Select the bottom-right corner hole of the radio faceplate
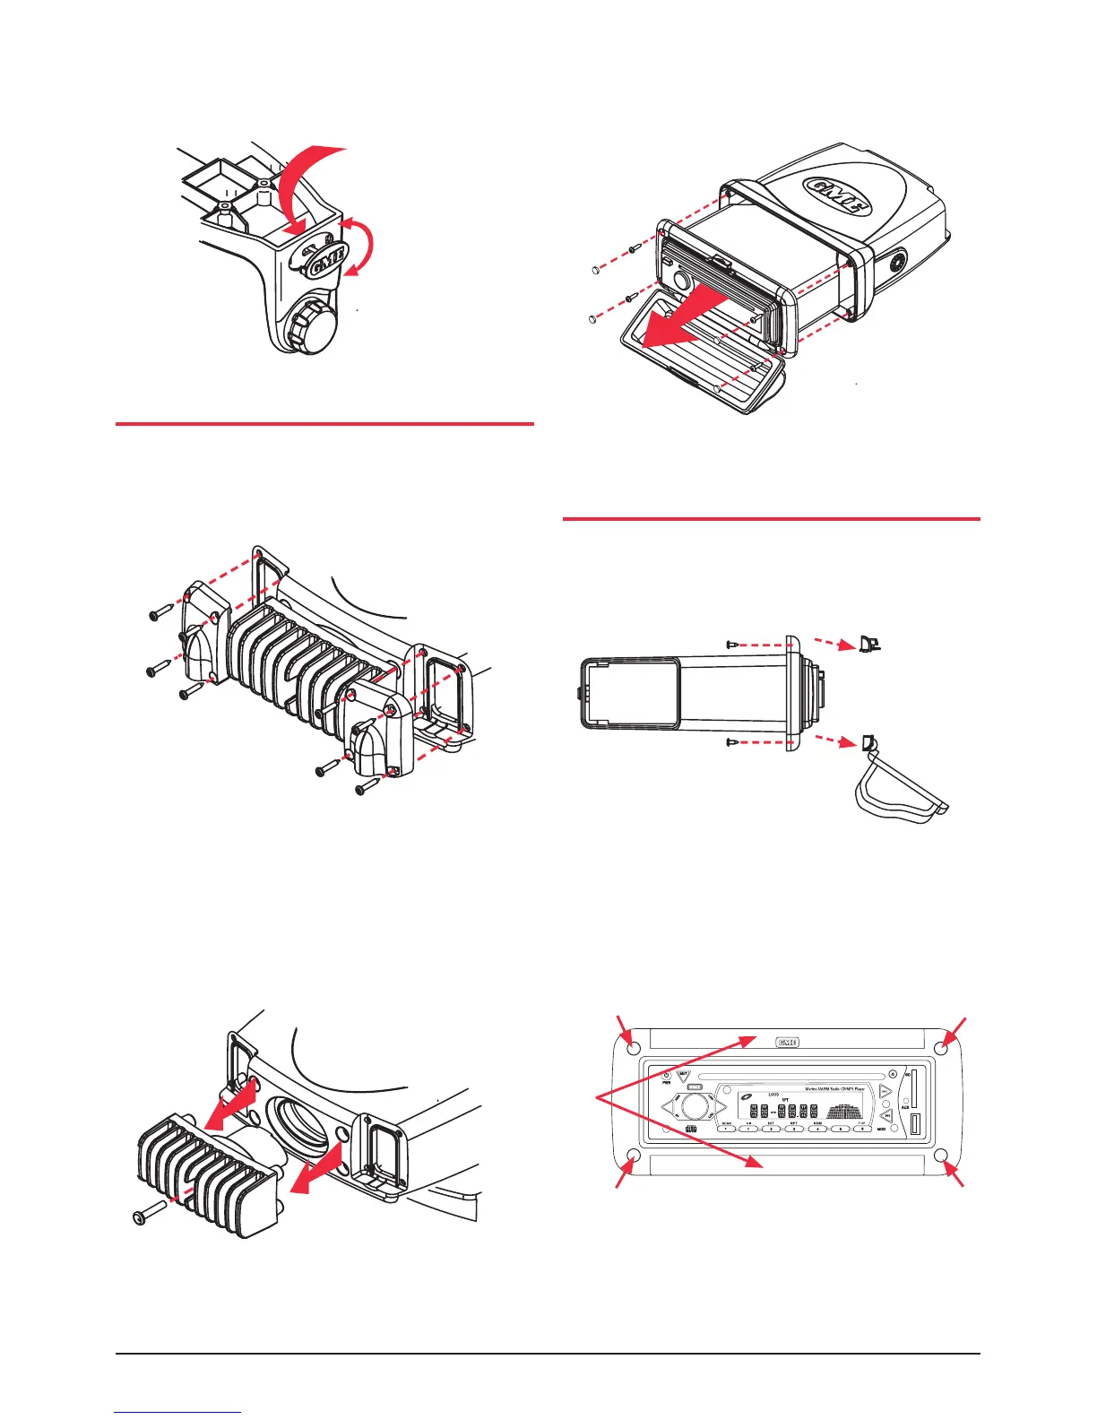point(941,1156)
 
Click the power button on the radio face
point(666,1075)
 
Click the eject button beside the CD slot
point(893,1075)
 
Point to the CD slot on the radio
point(789,1075)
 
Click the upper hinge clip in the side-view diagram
point(868,644)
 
